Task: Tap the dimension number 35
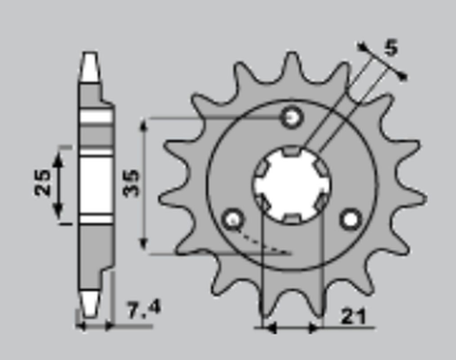pyautogui.click(x=131, y=182)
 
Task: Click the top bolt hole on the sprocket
pyautogui.click(x=292, y=118)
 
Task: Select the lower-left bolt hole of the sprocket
pyautogui.click(x=231, y=220)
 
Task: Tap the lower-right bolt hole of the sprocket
pyautogui.click(x=351, y=220)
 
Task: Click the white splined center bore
pyautogui.click(x=291, y=186)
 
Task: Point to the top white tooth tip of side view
pyautogui.click(x=88, y=65)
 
